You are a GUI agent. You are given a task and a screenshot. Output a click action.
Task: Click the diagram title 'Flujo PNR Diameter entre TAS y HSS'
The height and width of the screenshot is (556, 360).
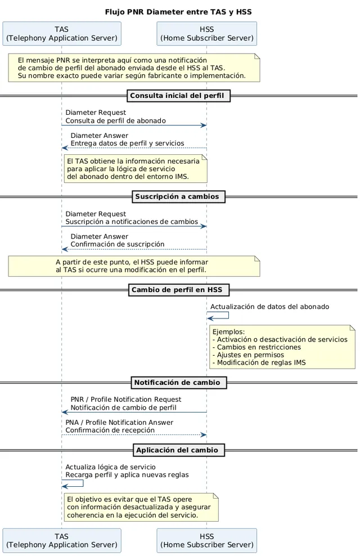click(178, 12)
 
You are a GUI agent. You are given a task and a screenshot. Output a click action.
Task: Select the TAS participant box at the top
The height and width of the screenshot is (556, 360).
click(62, 34)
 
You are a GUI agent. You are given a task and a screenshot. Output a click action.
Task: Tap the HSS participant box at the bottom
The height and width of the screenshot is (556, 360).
click(207, 540)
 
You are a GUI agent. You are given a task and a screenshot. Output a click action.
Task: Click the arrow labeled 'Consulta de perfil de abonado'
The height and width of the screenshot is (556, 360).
click(134, 125)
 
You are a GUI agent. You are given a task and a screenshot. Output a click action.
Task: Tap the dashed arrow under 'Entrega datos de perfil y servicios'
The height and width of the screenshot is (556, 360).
click(134, 148)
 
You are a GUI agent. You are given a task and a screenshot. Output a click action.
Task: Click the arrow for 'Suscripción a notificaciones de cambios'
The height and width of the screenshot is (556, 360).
click(134, 226)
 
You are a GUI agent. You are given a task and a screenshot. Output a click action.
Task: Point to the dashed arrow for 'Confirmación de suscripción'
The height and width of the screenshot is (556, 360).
click(134, 249)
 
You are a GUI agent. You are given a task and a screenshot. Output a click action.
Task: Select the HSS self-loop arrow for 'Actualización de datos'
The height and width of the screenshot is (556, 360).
click(228, 315)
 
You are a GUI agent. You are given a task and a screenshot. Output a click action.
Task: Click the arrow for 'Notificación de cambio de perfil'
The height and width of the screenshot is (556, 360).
click(134, 412)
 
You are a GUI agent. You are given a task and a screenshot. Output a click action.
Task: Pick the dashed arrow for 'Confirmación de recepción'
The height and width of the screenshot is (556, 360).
click(134, 435)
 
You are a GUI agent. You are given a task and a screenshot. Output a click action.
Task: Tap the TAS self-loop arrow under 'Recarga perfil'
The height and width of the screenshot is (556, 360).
click(83, 483)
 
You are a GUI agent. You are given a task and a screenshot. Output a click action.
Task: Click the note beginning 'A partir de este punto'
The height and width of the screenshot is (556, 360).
click(134, 266)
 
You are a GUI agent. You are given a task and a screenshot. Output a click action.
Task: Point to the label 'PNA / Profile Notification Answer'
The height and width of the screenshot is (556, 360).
click(119, 422)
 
